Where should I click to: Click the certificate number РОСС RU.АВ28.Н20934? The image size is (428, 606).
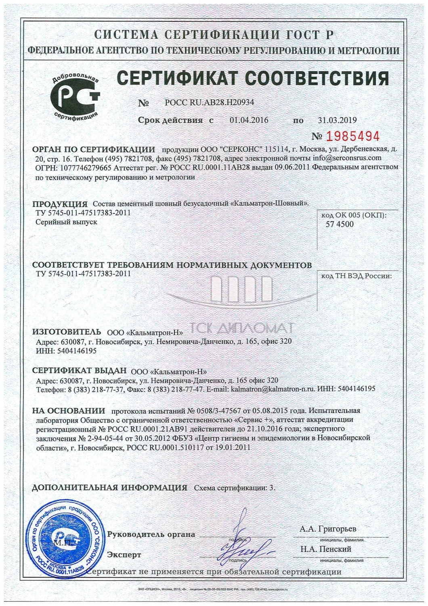[210, 103]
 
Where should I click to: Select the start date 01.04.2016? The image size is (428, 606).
[249, 120]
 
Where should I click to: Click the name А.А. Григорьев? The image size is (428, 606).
[328, 528]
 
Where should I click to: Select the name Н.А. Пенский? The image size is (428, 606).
[325, 549]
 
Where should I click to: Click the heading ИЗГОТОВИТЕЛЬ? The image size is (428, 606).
[67, 332]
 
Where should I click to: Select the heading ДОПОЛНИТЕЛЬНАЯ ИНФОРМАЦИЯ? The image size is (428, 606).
[109, 487]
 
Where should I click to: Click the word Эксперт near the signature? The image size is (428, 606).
[124, 555]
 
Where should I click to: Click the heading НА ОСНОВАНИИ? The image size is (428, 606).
[68, 411]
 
